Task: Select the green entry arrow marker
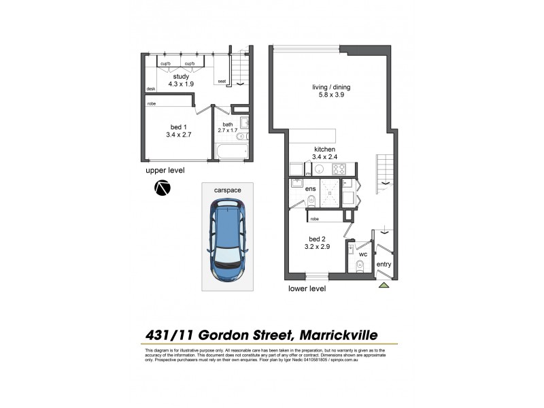point(384,285)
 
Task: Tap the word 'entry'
point(384,264)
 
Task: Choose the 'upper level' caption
point(165,170)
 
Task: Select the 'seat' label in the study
point(222,82)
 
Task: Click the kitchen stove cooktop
point(339,169)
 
